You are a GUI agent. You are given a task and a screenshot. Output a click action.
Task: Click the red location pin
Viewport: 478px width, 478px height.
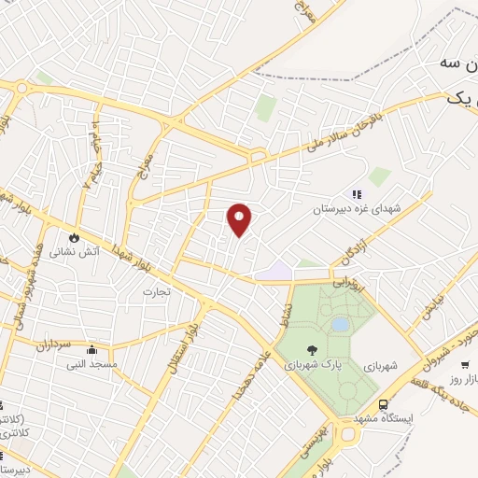click(x=240, y=218)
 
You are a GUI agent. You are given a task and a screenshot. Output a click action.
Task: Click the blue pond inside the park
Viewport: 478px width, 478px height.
click(x=340, y=324)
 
